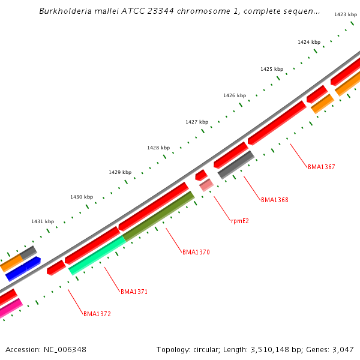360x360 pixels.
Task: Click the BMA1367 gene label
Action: click(321, 167)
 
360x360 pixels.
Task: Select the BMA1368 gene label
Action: click(274, 200)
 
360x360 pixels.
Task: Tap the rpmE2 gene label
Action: click(239, 221)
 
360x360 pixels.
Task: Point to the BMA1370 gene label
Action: click(196, 253)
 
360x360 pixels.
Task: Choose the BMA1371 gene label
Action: click(134, 292)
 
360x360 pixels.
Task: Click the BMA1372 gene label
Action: click(97, 314)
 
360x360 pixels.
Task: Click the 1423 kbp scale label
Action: click(345, 14)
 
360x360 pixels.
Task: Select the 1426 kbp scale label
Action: click(235, 95)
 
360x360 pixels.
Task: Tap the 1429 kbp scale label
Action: click(119, 172)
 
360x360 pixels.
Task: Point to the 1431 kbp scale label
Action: click(43, 221)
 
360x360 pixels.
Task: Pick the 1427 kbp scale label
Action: click(196, 122)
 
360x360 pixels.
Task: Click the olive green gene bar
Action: click(158, 216)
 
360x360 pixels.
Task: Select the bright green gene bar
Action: click(97, 254)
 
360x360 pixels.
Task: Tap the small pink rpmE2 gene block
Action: click(206, 185)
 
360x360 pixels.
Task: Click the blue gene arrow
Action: click(23, 269)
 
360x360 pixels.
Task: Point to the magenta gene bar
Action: click(11, 308)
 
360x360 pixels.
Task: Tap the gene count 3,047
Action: click(343, 349)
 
